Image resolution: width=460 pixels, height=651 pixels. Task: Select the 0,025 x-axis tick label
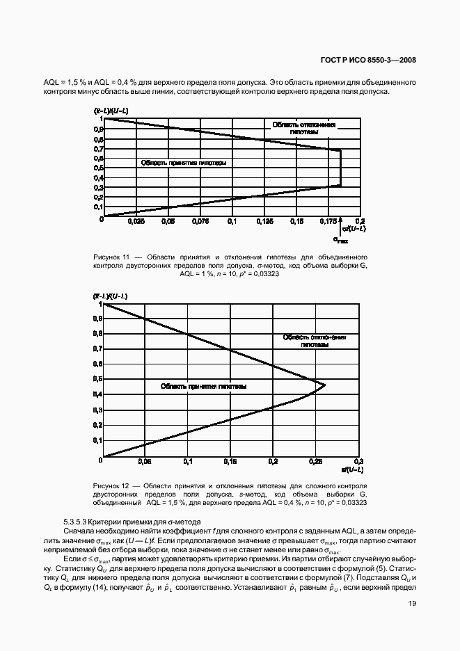click(x=136, y=221)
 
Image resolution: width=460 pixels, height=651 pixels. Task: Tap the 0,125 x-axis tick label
click(x=264, y=221)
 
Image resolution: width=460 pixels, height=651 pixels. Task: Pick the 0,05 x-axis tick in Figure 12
click(x=145, y=461)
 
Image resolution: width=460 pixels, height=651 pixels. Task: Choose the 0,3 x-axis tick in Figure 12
click(x=359, y=461)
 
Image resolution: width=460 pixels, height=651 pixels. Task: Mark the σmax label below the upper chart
click(x=340, y=240)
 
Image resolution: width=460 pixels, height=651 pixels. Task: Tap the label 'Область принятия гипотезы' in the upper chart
click(x=183, y=163)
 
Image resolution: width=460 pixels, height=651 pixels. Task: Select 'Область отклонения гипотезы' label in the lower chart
click(x=315, y=340)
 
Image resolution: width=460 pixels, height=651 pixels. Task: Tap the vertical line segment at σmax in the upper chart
click(x=341, y=168)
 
